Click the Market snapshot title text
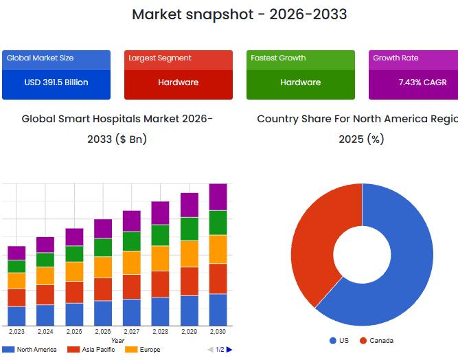click(239, 14)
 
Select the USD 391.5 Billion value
click(56, 82)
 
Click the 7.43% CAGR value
click(422, 82)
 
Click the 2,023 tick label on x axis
click(16, 332)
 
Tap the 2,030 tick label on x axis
click(218, 332)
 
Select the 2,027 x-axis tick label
click(132, 332)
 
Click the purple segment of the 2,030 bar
click(218, 197)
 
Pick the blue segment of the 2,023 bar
click(16, 316)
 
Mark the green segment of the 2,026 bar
click(103, 247)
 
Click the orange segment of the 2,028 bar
click(161, 258)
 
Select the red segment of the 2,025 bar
click(74, 292)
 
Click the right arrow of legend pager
click(229, 350)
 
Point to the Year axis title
click(117, 341)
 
